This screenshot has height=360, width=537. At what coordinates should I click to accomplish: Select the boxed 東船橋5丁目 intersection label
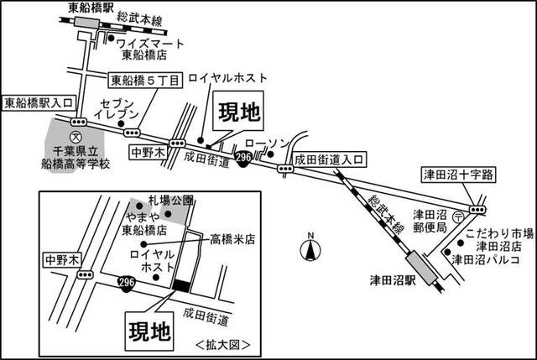144,81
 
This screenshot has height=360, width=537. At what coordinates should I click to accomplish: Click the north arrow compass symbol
310,249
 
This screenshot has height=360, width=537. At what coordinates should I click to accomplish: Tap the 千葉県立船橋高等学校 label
76,159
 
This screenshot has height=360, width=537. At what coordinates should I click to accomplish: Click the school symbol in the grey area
76,134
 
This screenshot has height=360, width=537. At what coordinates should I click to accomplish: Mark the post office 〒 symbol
456,217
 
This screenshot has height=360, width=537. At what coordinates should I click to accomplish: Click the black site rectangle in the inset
180,286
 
